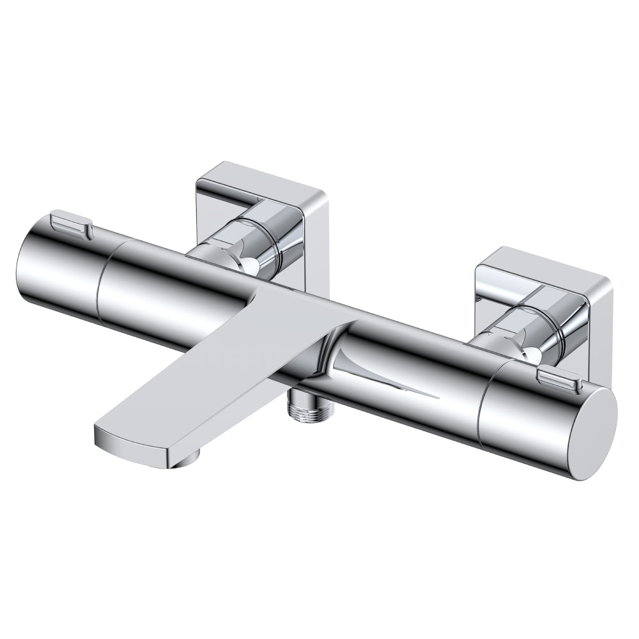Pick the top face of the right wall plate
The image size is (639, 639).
[543, 268]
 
